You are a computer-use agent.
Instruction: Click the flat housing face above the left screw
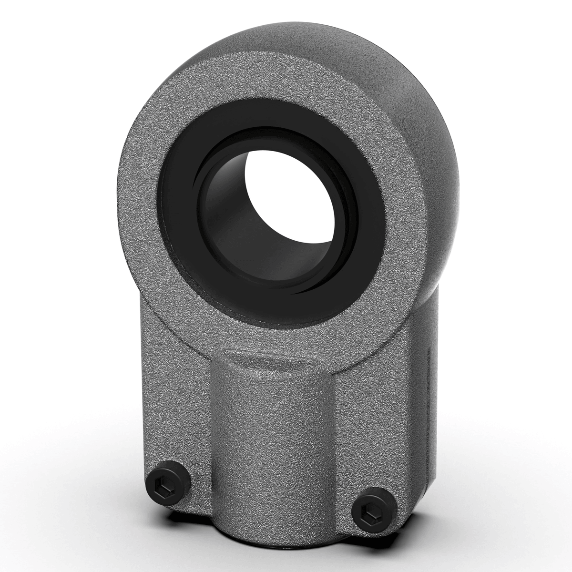176,405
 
